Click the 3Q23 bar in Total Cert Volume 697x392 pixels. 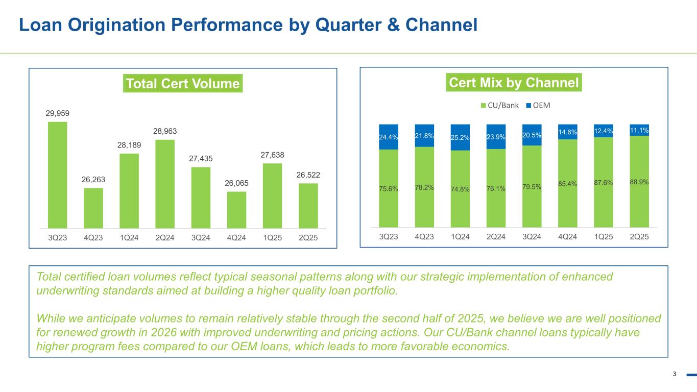tap(57, 175)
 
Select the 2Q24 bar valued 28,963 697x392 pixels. tap(165, 184)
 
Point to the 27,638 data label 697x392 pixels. tap(272, 155)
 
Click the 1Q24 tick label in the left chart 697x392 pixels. tap(129, 238)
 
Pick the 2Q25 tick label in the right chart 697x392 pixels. tap(639, 237)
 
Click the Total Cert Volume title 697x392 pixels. tap(183, 84)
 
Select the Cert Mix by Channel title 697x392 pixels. tap(514, 82)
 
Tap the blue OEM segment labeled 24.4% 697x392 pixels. tap(389, 137)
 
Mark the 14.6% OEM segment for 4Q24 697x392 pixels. tap(567, 132)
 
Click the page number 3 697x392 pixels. tap(674, 374)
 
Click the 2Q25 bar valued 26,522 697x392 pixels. tap(308, 205)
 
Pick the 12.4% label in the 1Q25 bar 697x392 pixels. tap(603, 132)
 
